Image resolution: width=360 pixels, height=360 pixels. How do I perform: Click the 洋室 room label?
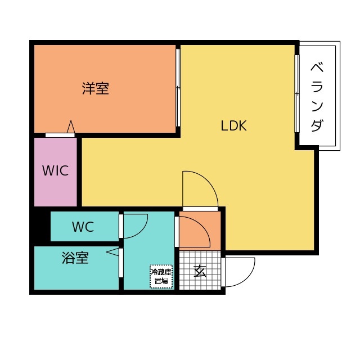pyautogui.click(x=95, y=88)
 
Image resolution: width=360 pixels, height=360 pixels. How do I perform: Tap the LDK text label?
pyautogui.click(x=233, y=126)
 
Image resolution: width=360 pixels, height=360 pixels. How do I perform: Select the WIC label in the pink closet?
pyautogui.click(x=55, y=170)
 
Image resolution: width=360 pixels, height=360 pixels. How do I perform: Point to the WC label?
pyautogui.click(x=83, y=227)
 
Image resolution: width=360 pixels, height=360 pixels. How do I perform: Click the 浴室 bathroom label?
pyautogui.click(x=75, y=258)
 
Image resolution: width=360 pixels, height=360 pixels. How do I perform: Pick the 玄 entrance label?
pyautogui.click(x=200, y=271)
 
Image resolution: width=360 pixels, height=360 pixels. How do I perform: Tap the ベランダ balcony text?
pyautogui.click(x=317, y=97)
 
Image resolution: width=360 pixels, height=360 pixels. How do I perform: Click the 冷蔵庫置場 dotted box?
pyautogui.click(x=161, y=276)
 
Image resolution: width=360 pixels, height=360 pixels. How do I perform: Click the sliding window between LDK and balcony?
pyautogui.click(x=296, y=93)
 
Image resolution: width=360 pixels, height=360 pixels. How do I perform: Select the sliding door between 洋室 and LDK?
pyautogui.click(x=178, y=88)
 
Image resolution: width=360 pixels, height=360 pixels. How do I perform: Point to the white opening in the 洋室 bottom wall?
pyautogui.click(x=60, y=135)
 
